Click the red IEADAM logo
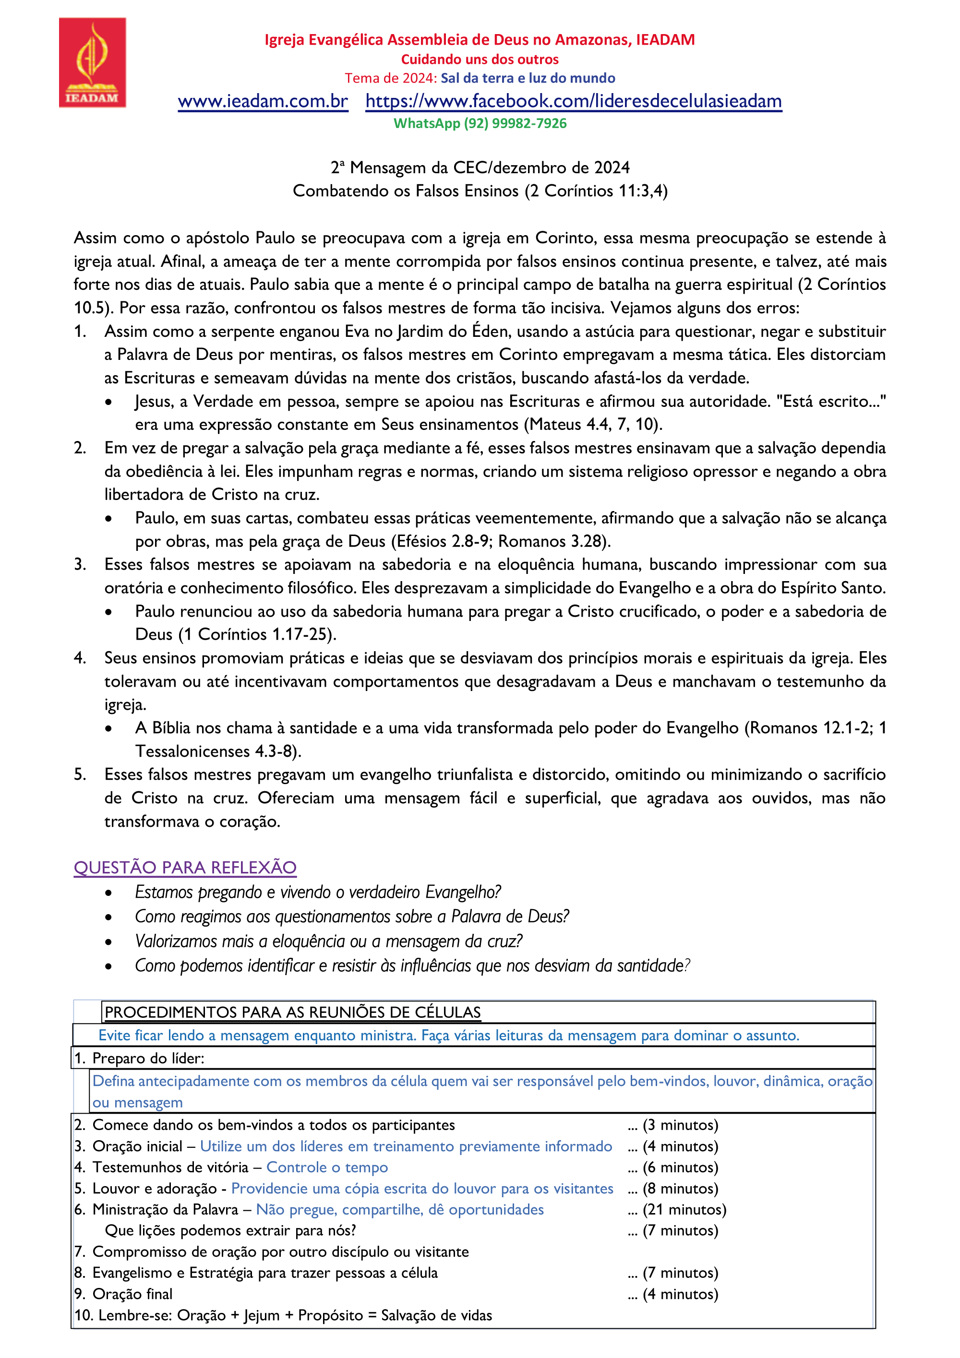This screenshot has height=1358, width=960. click(x=92, y=63)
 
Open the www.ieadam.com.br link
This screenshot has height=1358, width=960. click(x=263, y=101)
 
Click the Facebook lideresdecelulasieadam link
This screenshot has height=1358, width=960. click(x=573, y=101)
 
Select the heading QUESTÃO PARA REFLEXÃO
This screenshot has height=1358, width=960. click(x=185, y=867)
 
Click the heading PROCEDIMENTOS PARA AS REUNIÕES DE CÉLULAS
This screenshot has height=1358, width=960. click(x=293, y=1013)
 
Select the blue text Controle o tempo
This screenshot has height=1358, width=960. click(x=327, y=1167)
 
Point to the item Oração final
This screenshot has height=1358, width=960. click(x=132, y=1294)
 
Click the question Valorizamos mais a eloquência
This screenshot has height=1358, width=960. click(x=328, y=941)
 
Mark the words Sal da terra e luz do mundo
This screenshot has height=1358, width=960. click(x=528, y=78)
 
